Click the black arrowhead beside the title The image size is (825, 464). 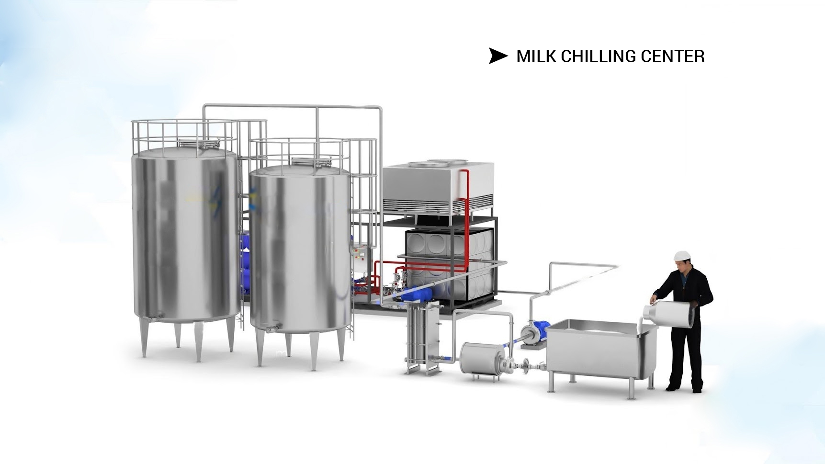click(x=497, y=56)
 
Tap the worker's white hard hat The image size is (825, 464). click(x=680, y=256)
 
